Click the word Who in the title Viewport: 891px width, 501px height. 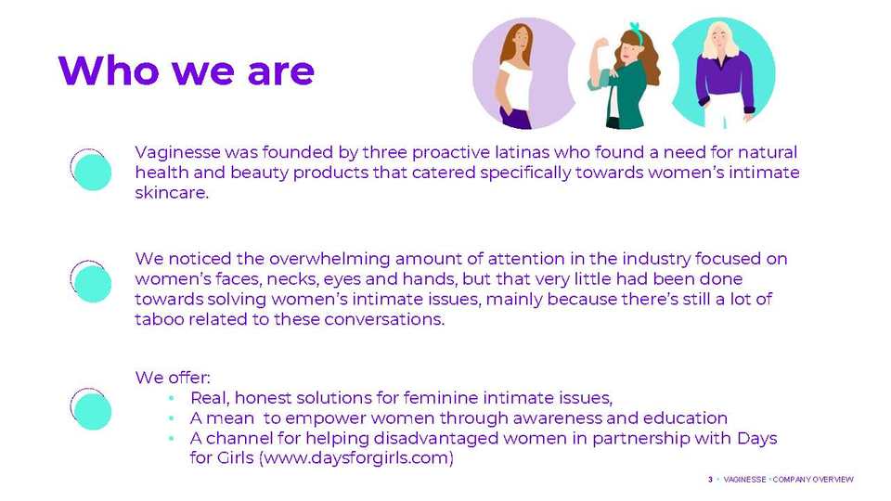[109, 71]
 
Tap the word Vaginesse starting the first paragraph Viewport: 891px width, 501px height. [177, 153]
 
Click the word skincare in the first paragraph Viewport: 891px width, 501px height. [172, 193]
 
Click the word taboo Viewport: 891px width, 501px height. [159, 319]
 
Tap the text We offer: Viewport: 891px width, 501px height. [173, 378]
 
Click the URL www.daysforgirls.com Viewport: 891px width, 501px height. [356, 457]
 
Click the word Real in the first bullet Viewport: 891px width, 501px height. [210, 398]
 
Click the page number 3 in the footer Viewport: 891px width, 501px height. [710, 480]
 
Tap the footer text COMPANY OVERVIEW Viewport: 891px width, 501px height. [813, 480]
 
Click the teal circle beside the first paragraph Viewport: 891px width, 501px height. [93, 172]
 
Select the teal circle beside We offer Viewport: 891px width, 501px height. [93, 411]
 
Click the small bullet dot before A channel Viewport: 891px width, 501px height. [171, 439]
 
